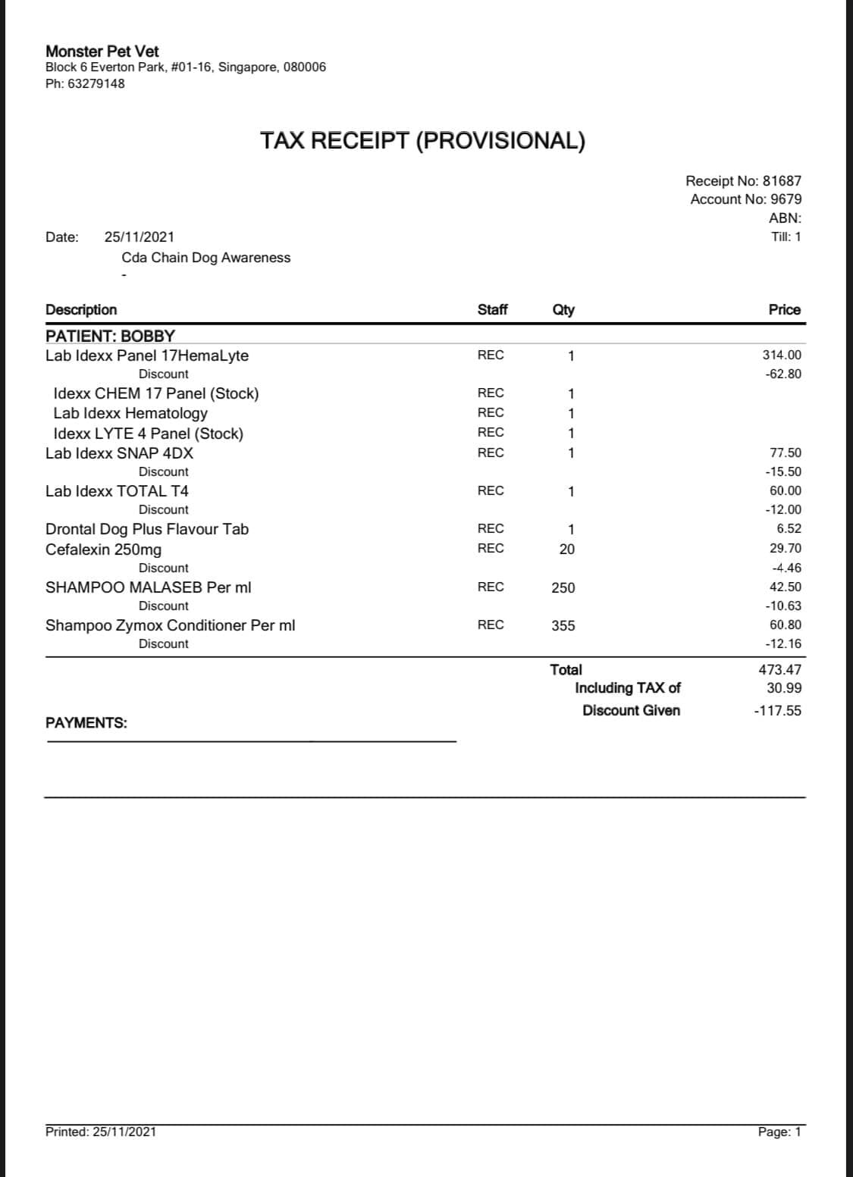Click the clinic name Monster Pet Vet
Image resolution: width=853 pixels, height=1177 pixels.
(x=102, y=51)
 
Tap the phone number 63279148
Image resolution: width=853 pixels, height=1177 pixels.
(x=96, y=83)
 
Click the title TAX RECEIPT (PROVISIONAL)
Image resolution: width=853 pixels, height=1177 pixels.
(x=422, y=140)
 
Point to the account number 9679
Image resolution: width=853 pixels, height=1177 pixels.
(x=786, y=199)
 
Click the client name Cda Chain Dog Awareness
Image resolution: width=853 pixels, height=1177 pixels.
(x=205, y=258)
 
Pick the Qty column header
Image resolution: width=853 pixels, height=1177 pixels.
(x=563, y=309)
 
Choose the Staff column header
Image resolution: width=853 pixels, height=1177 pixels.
(x=492, y=309)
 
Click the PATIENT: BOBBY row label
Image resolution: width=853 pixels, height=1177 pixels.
(x=110, y=336)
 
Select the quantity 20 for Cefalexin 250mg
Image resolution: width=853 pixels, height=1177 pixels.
(x=567, y=549)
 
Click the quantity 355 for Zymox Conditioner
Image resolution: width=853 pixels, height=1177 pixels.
(x=563, y=625)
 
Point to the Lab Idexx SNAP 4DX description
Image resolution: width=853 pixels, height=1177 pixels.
(x=119, y=453)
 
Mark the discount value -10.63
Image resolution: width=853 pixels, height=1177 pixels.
(x=783, y=606)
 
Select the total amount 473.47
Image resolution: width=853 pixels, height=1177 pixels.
(x=779, y=669)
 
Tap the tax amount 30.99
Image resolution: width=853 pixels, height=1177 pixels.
(x=784, y=688)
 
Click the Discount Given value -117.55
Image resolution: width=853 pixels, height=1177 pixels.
(x=777, y=711)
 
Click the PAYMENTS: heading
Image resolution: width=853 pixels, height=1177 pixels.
(x=86, y=723)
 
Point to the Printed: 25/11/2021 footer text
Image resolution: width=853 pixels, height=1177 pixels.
(x=101, y=1132)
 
